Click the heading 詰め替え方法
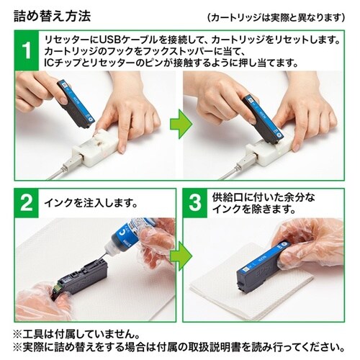[x=48, y=14]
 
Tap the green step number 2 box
[x=25, y=203]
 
